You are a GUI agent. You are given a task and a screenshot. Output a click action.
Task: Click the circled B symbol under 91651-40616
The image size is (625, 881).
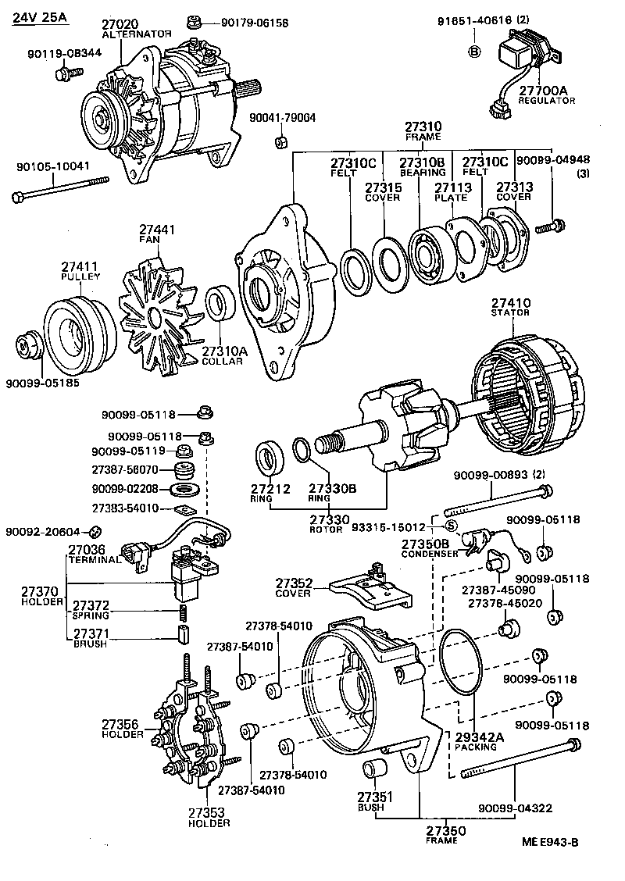pyautogui.click(x=474, y=52)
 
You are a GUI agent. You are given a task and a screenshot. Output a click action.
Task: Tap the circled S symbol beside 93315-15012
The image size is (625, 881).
pyautogui.click(x=450, y=524)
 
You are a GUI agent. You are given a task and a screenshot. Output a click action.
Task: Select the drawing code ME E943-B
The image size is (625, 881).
pyautogui.click(x=550, y=842)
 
